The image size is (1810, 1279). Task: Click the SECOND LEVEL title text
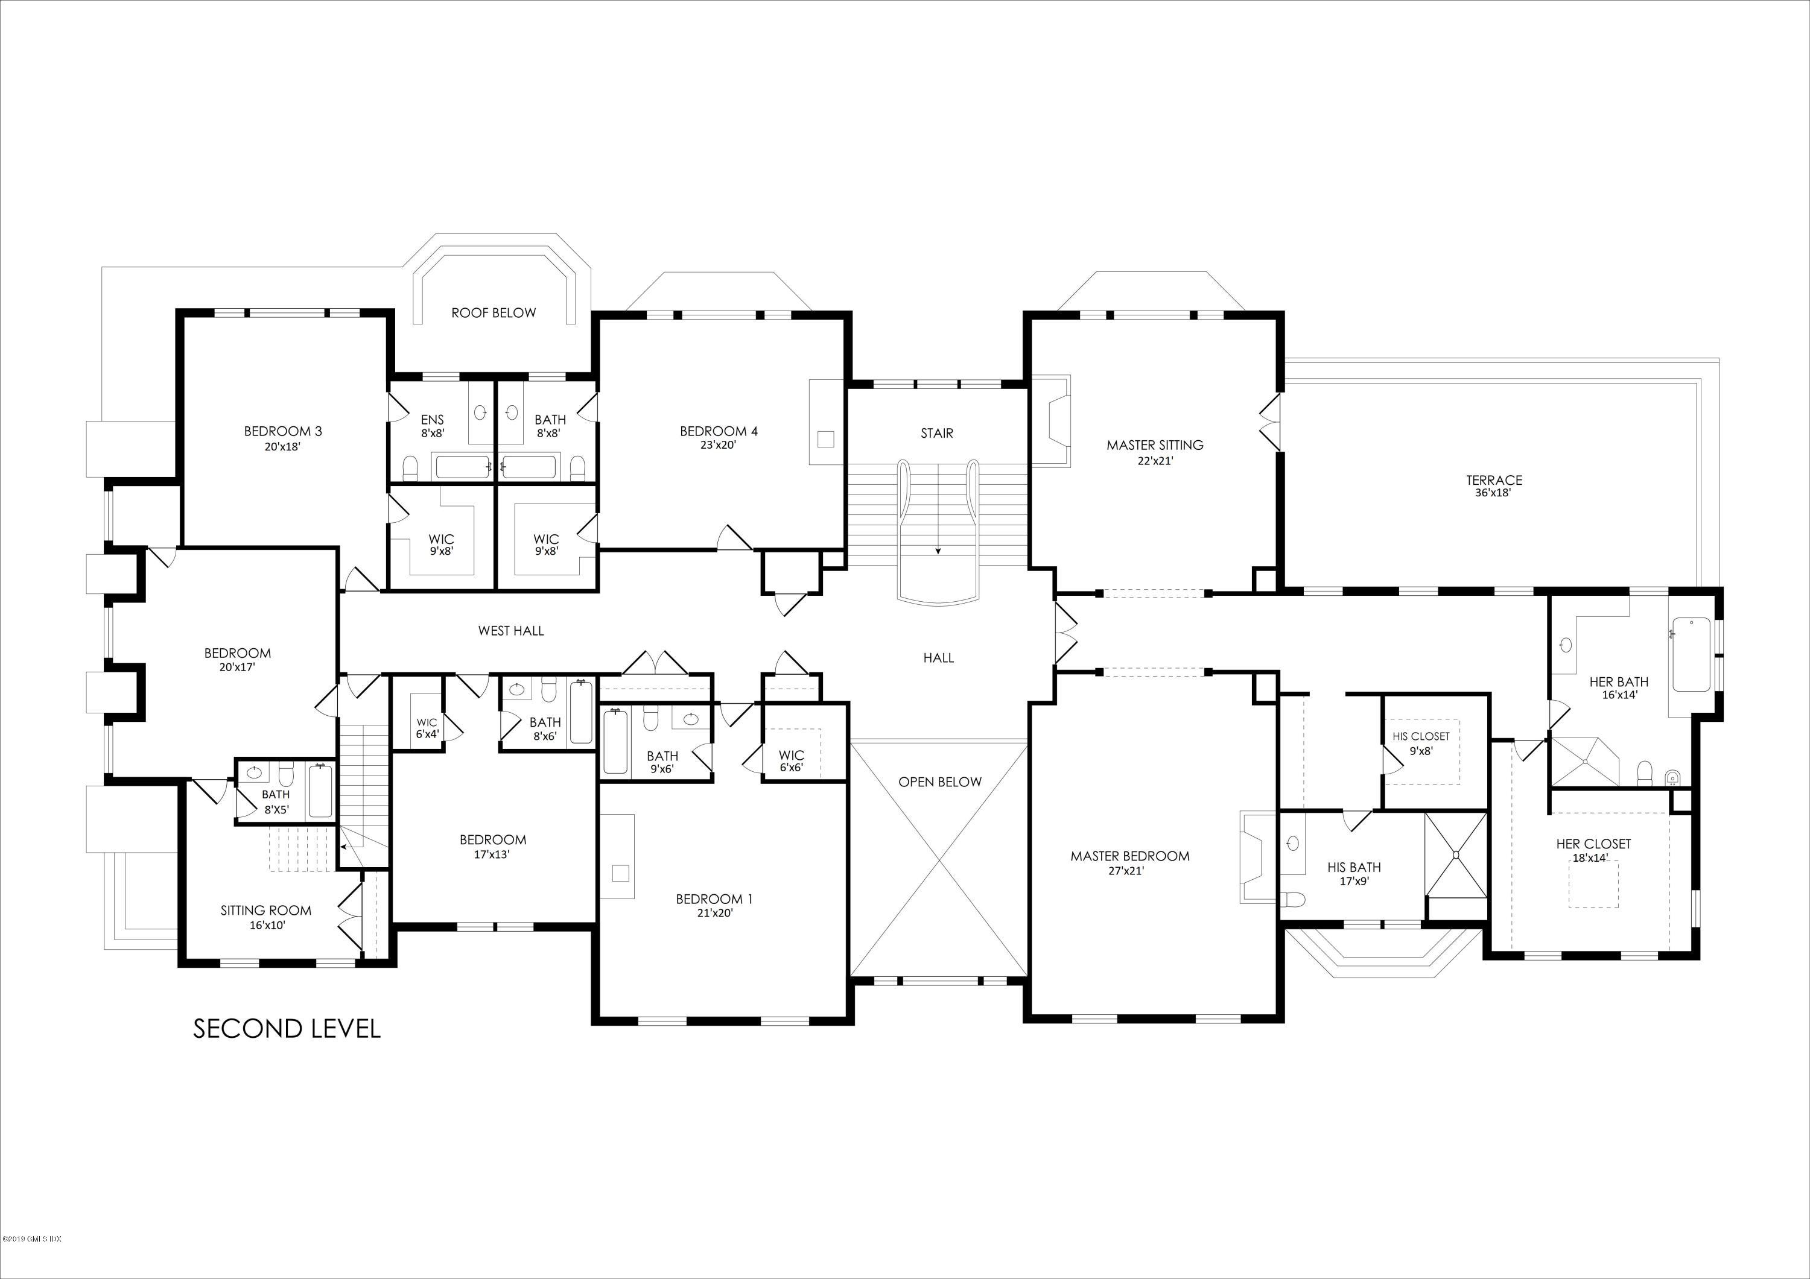(287, 1028)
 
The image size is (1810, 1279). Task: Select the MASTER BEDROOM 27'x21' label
(1129, 862)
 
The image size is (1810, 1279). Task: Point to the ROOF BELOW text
(494, 313)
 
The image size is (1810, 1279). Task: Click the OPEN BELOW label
(939, 782)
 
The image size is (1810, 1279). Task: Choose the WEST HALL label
(511, 630)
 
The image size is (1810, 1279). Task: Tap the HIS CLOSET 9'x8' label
(1421, 743)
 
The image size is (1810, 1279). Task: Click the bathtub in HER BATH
(1690, 654)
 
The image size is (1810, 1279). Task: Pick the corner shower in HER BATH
(1581, 759)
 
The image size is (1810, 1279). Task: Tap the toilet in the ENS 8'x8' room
(410, 469)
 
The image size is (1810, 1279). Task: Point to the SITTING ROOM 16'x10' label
(265, 917)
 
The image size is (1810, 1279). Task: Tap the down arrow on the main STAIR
(938, 549)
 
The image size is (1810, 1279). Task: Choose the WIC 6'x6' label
(791, 760)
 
